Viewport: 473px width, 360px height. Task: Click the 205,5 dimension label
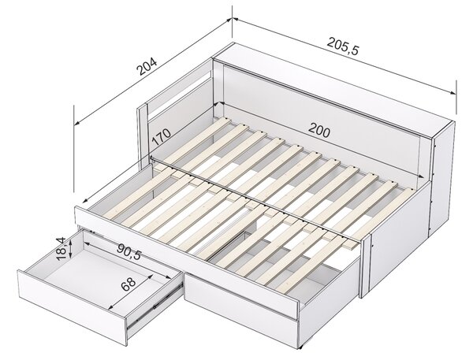tap(343, 46)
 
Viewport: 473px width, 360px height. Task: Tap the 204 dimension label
tap(147, 66)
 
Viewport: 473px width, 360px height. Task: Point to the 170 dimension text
tap(161, 137)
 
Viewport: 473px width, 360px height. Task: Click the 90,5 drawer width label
tap(129, 251)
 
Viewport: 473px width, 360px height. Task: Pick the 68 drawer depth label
tap(128, 284)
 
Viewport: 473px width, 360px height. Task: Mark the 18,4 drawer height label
tap(61, 249)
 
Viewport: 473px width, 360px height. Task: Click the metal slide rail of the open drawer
tap(155, 305)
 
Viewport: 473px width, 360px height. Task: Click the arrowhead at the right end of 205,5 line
tap(453, 92)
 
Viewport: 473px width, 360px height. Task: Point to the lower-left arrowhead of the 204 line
tap(76, 123)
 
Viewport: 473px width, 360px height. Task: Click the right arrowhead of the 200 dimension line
tap(420, 176)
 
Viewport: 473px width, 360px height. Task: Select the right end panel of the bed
tap(443, 178)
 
